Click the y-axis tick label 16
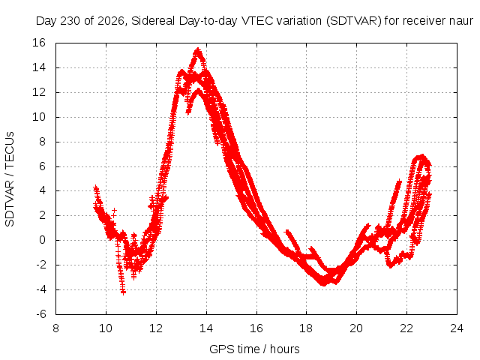pyautogui.click(x=38, y=43)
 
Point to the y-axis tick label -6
pyautogui.click(x=41, y=314)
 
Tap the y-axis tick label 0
pyautogui.click(x=42, y=240)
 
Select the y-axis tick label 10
pyautogui.click(x=38, y=117)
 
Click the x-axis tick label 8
pyautogui.click(x=55, y=328)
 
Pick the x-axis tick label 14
pyautogui.click(x=206, y=328)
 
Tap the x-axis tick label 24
pyautogui.click(x=457, y=328)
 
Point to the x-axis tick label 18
pyautogui.click(x=306, y=328)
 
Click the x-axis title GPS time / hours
pyautogui.click(x=254, y=349)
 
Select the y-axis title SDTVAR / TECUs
pyautogui.click(x=10, y=179)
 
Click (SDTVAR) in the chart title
pyautogui.click(x=353, y=21)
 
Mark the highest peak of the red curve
pyautogui.click(x=198, y=49)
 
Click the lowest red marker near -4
pyautogui.click(x=123, y=292)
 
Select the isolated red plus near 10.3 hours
pyautogui.click(x=114, y=211)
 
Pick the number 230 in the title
pyautogui.click(x=70, y=21)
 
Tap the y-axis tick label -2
pyautogui.click(x=41, y=265)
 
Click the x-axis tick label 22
pyautogui.click(x=406, y=328)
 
